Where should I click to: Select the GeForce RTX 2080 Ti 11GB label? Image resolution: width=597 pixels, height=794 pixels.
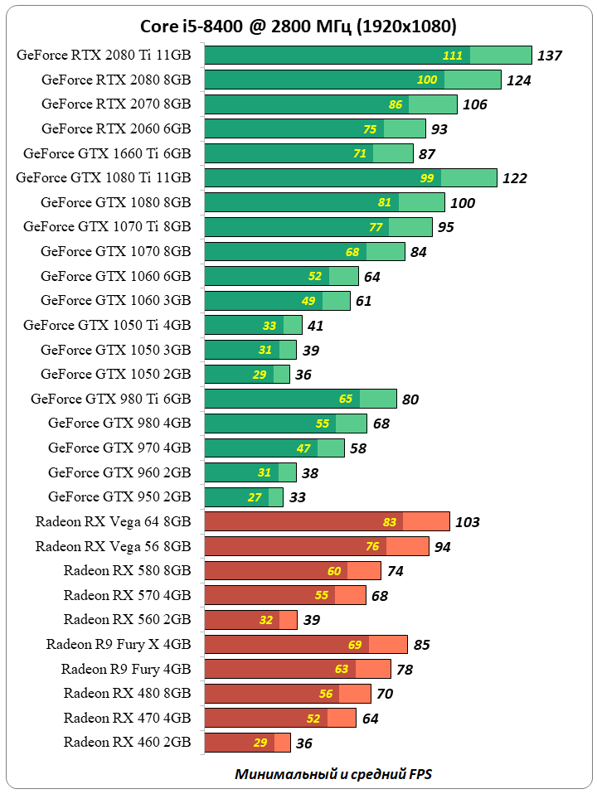[104, 56]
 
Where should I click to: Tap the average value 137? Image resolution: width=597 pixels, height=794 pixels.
[550, 56]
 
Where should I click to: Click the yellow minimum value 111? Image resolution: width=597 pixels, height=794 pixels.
[453, 56]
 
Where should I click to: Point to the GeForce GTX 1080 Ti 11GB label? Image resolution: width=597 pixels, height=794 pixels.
[104, 177]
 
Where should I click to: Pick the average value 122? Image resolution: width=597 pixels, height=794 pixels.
[514, 178]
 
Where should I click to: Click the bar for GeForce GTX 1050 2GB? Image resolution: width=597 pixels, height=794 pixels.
[246, 374]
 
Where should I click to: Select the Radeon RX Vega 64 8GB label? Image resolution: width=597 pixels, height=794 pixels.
[114, 521]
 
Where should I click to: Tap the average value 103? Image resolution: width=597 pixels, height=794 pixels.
[467, 522]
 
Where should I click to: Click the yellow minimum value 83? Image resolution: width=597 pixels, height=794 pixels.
[391, 522]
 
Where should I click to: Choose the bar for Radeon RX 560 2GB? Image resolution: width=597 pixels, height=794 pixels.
[250, 619]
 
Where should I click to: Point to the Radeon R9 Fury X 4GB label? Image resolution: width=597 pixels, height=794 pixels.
[119, 644]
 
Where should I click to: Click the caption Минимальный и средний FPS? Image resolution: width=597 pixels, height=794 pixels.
[333, 774]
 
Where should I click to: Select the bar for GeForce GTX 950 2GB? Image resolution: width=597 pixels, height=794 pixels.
[243, 497]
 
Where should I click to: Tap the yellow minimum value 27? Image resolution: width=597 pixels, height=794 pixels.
[255, 497]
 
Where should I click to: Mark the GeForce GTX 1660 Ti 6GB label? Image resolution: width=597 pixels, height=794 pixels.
[107, 153]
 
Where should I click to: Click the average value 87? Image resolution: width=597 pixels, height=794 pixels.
[427, 154]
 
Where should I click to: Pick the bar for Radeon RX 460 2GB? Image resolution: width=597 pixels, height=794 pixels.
[246, 742]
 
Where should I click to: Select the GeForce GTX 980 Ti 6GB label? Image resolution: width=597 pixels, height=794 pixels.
[111, 399]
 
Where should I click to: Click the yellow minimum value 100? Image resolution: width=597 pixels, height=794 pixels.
[427, 80]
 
